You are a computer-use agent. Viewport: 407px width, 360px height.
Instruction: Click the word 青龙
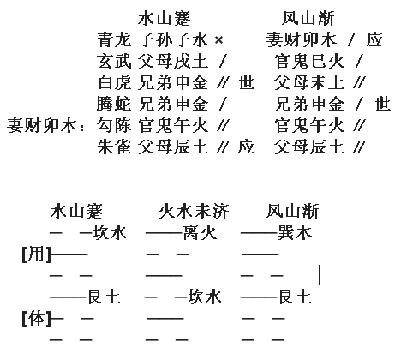click(114, 39)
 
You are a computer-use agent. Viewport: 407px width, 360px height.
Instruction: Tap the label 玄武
click(114, 61)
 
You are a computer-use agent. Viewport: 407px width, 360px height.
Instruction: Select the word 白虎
click(114, 82)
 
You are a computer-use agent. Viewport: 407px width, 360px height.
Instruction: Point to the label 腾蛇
click(114, 104)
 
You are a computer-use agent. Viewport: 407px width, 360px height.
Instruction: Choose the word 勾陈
click(114, 125)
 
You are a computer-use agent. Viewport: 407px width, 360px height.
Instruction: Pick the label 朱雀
click(114, 147)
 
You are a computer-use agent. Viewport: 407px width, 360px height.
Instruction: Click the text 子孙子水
click(173, 39)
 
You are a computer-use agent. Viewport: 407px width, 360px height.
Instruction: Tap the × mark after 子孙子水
click(218, 39)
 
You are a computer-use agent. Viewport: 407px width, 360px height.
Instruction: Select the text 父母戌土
click(173, 61)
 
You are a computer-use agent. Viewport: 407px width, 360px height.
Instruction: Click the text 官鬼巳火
click(309, 61)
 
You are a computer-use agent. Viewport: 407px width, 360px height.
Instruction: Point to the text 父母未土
click(309, 82)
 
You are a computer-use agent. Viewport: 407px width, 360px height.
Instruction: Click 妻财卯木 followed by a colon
click(45, 125)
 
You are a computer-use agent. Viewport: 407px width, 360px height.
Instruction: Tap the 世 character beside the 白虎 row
click(247, 82)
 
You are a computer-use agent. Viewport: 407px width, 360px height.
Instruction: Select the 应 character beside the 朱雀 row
click(246, 147)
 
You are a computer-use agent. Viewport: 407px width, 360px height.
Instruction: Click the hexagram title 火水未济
click(194, 211)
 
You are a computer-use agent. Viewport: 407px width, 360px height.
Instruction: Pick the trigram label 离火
click(200, 232)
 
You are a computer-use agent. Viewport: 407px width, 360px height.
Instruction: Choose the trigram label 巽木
click(295, 232)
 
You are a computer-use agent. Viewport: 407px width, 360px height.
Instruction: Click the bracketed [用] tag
click(37, 254)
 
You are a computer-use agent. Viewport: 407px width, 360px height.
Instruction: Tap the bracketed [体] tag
click(37, 318)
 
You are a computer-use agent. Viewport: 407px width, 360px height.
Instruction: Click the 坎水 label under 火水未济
click(204, 297)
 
